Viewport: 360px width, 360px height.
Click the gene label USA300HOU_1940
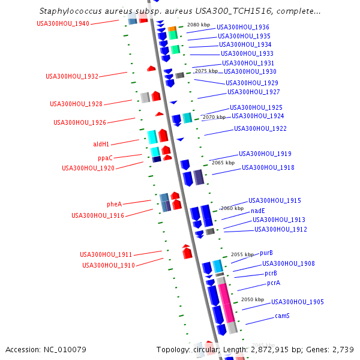(62, 23)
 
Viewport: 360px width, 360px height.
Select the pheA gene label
(114, 204)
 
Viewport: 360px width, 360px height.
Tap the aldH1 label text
(101, 144)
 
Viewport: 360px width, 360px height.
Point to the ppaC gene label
(105, 157)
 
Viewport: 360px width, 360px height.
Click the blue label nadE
(257, 211)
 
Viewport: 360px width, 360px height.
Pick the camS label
(282, 316)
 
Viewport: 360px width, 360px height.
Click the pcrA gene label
(274, 283)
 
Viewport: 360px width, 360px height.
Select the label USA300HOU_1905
(298, 302)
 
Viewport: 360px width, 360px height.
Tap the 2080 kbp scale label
(199, 25)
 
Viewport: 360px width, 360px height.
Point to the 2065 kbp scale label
(223, 163)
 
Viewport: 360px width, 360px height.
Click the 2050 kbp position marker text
(252, 299)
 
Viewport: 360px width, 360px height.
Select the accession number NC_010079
(46, 349)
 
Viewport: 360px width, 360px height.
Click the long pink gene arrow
(226, 303)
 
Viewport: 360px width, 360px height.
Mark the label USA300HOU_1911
(106, 254)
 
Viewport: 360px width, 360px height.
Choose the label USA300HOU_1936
(242, 27)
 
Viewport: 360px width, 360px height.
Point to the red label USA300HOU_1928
(76, 104)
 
